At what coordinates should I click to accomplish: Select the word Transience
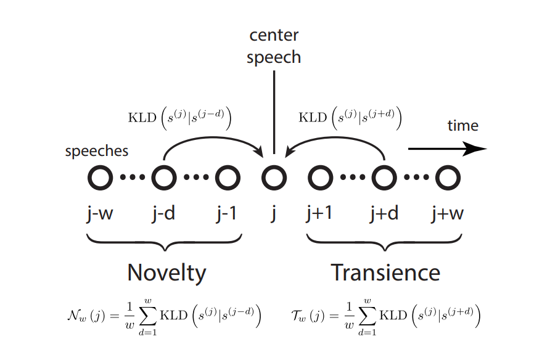click(x=385, y=272)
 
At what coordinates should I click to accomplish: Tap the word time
click(x=463, y=126)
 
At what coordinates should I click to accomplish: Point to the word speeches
click(x=97, y=152)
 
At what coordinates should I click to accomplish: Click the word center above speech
click(x=274, y=35)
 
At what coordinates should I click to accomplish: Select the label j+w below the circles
click(x=448, y=214)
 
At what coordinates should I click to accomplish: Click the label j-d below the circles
click(x=164, y=214)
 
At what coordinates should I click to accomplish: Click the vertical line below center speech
click(x=274, y=112)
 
